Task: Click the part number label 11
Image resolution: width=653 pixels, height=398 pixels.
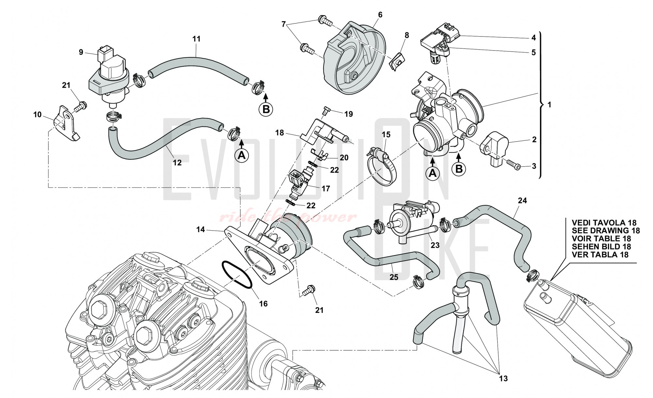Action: click(x=196, y=39)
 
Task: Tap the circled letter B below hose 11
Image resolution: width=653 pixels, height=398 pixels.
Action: click(x=266, y=109)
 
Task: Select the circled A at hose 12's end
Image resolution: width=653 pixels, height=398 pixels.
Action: click(x=242, y=156)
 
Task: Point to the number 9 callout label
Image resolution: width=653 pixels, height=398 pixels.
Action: click(x=81, y=52)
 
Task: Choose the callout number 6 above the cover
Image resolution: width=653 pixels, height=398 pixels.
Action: click(x=380, y=15)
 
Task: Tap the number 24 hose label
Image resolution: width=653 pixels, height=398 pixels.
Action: click(x=522, y=201)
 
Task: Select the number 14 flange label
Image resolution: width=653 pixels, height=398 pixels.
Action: click(x=200, y=230)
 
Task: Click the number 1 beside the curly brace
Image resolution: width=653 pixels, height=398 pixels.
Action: click(x=549, y=105)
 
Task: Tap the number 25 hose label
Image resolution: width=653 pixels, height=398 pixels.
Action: click(x=394, y=277)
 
